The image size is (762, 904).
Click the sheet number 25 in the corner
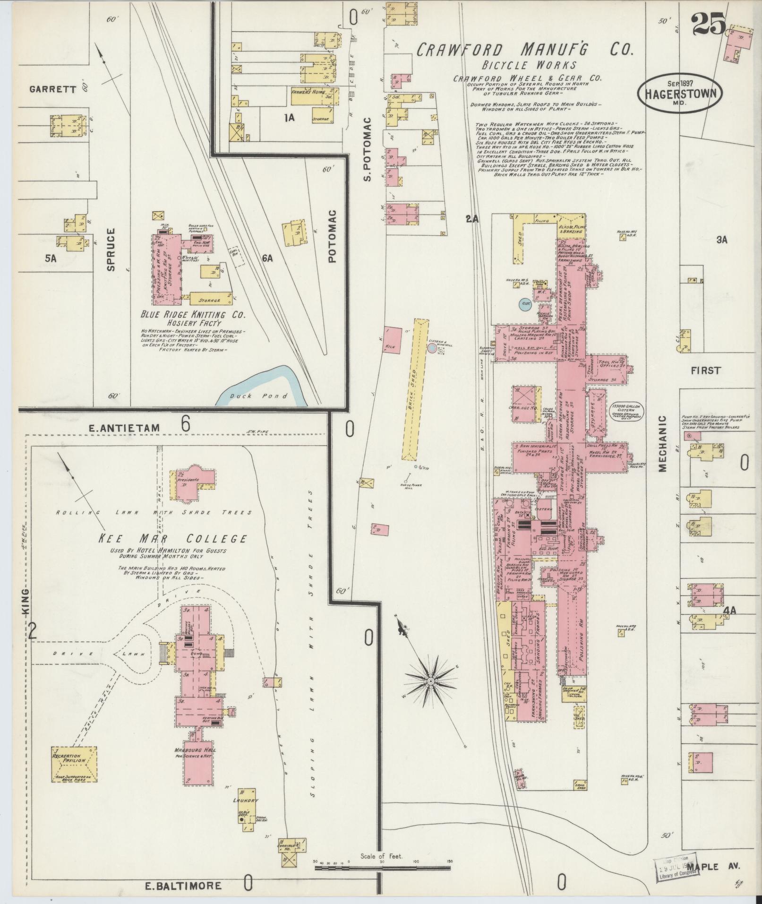[x=709, y=24]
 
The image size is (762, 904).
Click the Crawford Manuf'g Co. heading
[x=524, y=49]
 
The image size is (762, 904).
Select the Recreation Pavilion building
[x=74, y=763]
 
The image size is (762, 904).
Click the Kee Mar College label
[x=172, y=538]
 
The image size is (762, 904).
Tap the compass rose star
[x=430, y=680]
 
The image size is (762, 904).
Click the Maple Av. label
[x=713, y=866]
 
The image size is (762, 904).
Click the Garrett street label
[x=52, y=89]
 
